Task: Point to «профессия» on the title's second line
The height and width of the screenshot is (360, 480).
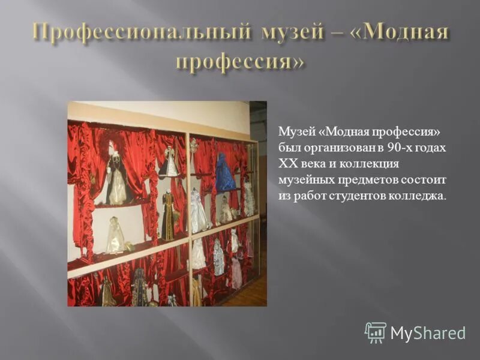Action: tap(240, 61)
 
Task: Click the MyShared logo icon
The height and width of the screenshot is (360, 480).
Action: tap(375, 332)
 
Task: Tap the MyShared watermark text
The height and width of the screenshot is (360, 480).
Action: tap(428, 333)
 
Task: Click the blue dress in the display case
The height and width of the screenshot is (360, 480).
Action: tap(224, 174)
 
